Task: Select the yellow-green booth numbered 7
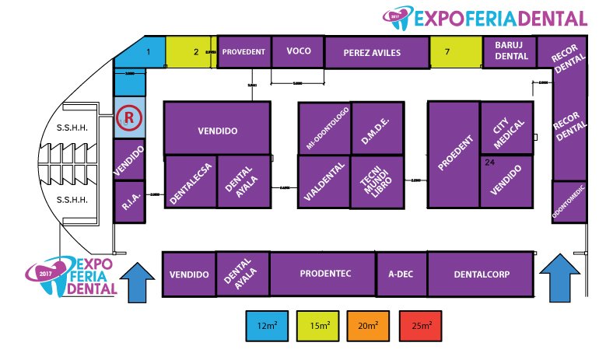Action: point(455,52)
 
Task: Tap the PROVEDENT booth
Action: point(244,52)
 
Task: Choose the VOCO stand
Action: point(298,51)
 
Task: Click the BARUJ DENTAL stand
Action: point(510,51)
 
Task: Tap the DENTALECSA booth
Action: point(191,182)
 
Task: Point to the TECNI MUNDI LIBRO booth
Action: point(377,182)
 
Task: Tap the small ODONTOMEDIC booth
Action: point(567,201)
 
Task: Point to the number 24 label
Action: point(489,163)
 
